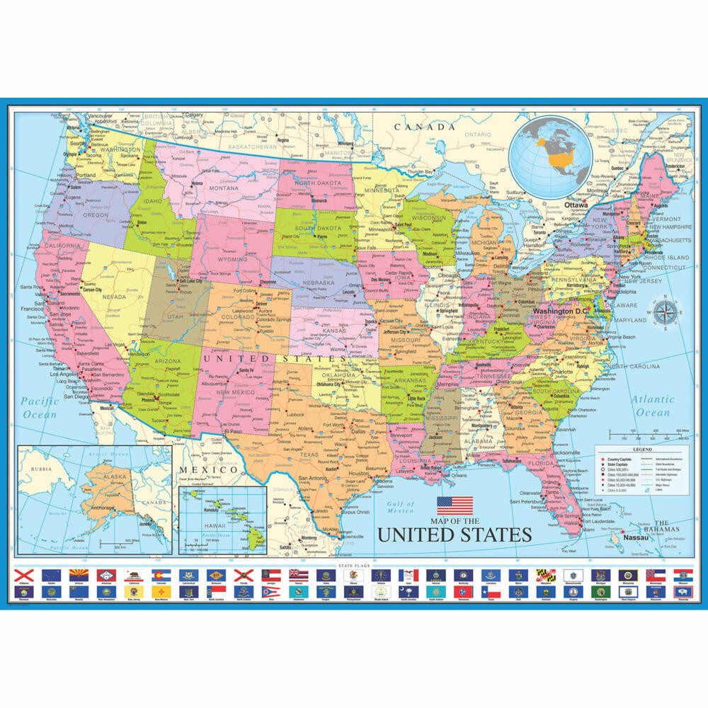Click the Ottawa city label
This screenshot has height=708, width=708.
pos(576,205)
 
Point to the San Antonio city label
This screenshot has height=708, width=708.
pos(312,478)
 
